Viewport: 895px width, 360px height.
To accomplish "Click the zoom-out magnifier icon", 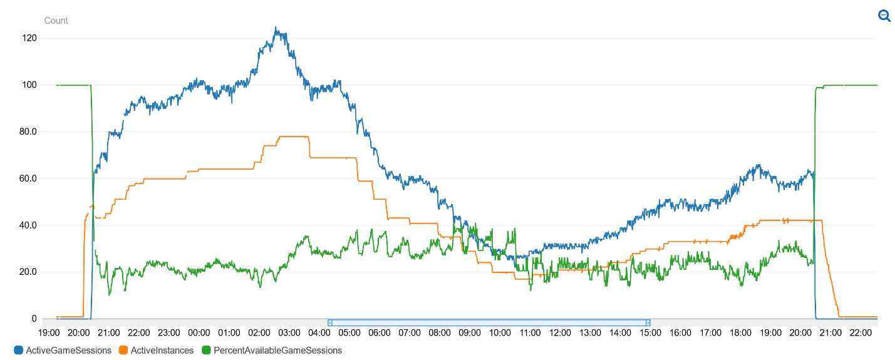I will [x=884, y=16].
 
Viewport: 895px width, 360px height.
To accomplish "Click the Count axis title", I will [x=56, y=21].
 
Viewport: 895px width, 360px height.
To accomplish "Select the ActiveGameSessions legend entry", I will [x=68, y=351].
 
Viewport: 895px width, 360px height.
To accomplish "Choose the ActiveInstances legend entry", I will [x=162, y=351].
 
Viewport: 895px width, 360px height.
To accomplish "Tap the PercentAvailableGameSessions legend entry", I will [x=277, y=351].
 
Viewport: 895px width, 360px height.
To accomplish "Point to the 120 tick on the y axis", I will [x=29, y=38].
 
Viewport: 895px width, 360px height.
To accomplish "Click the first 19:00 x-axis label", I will [x=49, y=332].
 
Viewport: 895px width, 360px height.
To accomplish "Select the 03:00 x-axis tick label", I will [x=289, y=332].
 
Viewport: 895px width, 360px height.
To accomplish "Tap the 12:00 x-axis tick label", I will [x=560, y=332].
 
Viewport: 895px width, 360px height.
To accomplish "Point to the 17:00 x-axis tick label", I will [x=710, y=332].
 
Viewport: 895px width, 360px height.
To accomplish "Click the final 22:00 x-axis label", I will [x=861, y=332].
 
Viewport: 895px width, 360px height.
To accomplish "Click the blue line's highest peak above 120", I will [x=276, y=28].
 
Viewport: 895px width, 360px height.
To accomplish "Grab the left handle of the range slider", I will [x=330, y=322].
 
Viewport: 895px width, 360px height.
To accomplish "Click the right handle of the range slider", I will [x=648, y=322].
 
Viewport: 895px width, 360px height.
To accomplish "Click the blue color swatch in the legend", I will [x=18, y=351].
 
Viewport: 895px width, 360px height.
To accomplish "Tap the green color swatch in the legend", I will [x=207, y=351].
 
